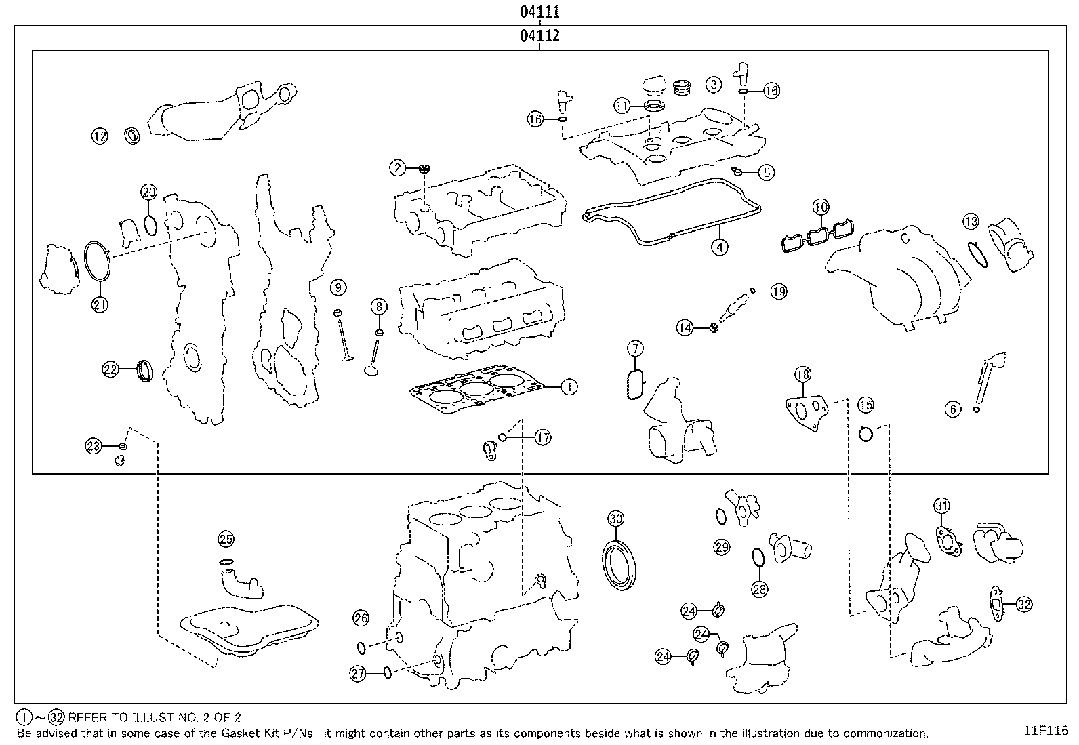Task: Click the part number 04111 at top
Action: pyautogui.click(x=539, y=12)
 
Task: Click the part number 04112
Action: pyautogui.click(x=539, y=36)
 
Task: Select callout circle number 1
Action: pyautogui.click(x=569, y=387)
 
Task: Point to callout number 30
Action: pyautogui.click(x=615, y=519)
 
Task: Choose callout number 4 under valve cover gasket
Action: pyautogui.click(x=720, y=247)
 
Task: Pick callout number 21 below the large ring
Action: pyautogui.click(x=100, y=304)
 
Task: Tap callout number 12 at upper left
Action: pyautogui.click(x=100, y=136)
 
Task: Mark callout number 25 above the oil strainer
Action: pyautogui.click(x=226, y=540)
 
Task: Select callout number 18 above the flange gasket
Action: pyautogui.click(x=802, y=374)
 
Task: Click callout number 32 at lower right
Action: pyautogui.click(x=1024, y=604)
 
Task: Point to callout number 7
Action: pyautogui.click(x=634, y=349)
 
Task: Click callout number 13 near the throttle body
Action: pyautogui.click(x=971, y=221)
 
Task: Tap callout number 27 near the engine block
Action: pyautogui.click(x=358, y=673)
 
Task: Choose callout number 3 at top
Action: pyautogui.click(x=713, y=85)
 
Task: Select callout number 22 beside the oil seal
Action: pyautogui.click(x=110, y=369)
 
